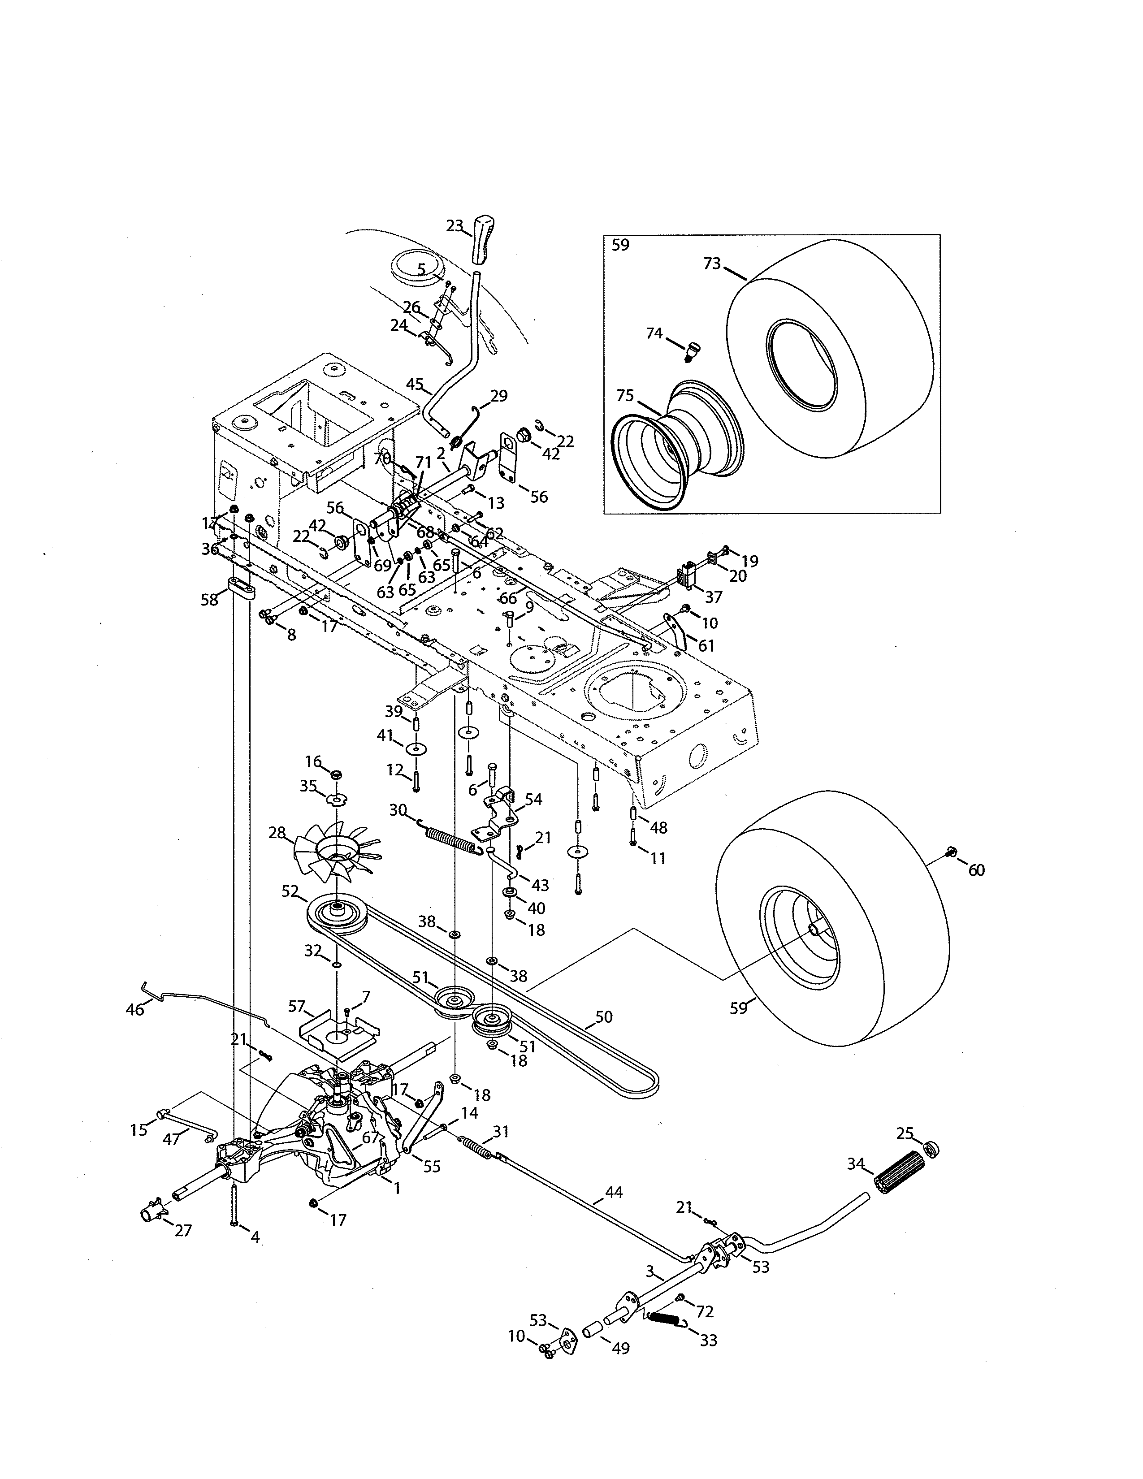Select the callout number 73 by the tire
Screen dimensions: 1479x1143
point(712,264)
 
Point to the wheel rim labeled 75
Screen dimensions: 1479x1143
point(677,447)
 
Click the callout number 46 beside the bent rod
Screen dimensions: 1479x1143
point(135,1029)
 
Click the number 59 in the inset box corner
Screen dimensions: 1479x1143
point(620,245)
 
